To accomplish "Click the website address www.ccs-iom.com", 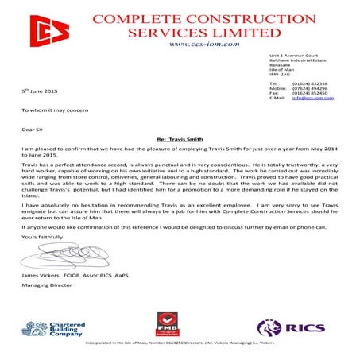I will point(204,45).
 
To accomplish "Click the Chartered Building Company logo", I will point(52,326).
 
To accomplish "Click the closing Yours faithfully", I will point(41,237).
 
